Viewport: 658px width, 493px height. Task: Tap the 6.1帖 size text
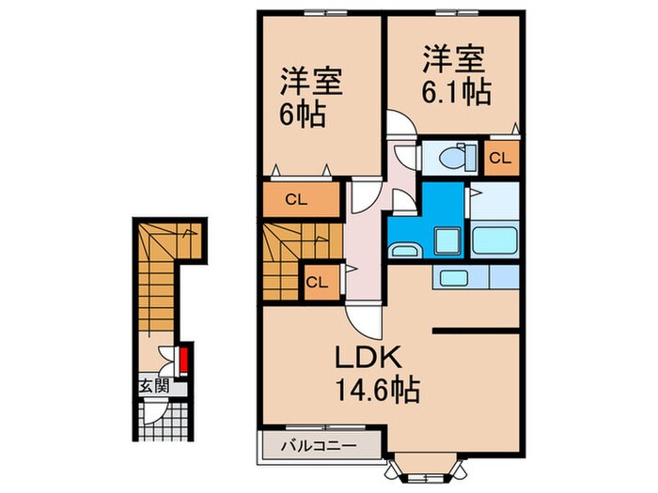click(x=453, y=91)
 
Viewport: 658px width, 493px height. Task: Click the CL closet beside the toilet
click(x=500, y=158)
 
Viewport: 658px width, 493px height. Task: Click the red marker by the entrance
click(x=184, y=359)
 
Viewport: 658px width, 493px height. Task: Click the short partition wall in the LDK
click(x=476, y=330)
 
